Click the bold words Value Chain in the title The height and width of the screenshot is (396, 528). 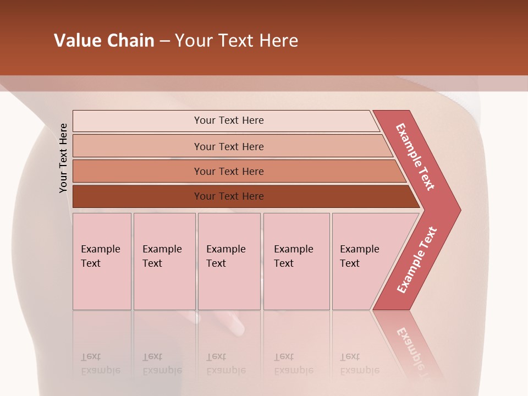(x=104, y=41)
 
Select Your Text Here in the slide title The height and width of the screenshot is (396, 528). (x=237, y=41)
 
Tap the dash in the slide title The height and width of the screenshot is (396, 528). (x=164, y=41)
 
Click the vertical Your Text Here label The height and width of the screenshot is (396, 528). (x=63, y=158)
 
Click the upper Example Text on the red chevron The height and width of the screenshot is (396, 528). (x=415, y=157)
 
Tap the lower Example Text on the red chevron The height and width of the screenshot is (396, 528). (x=417, y=260)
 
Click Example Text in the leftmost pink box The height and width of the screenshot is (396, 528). (x=100, y=256)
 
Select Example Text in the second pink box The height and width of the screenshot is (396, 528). (x=162, y=256)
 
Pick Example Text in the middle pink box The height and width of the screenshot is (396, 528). (x=226, y=256)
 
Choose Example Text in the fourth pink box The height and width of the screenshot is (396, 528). (x=293, y=256)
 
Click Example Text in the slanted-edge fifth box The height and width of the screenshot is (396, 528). (x=359, y=256)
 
